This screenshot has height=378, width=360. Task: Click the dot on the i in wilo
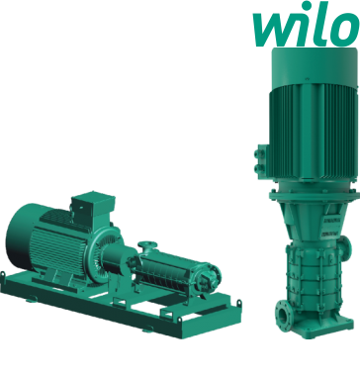[307, 6]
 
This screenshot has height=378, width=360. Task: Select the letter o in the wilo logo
[345, 30]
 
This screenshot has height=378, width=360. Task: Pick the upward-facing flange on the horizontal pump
[147, 244]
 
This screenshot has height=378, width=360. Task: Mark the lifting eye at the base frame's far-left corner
[3, 275]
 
